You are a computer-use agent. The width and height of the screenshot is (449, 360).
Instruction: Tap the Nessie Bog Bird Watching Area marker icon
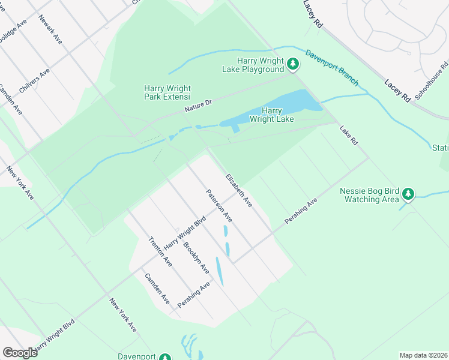coord(408,193)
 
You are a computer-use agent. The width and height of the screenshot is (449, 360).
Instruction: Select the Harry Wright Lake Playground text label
coord(261,65)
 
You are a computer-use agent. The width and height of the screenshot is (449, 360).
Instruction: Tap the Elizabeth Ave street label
coord(238,191)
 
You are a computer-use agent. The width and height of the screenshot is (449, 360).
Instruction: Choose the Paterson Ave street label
coord(218,206)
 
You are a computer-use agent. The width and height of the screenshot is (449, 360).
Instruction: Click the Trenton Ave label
coord(160,252)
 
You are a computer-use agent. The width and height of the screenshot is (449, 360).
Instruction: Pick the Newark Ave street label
coord(50,29)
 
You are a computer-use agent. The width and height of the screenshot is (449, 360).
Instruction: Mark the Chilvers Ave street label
coord(34,80)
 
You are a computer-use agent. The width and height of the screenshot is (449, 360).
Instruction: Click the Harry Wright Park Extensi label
coord(167,92)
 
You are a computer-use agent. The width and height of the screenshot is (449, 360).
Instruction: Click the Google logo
coord(20,353)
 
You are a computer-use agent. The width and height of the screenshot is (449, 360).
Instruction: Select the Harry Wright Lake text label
coord(272,115)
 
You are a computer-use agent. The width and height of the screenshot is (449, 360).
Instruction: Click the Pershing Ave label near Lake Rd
coord(301,212)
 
